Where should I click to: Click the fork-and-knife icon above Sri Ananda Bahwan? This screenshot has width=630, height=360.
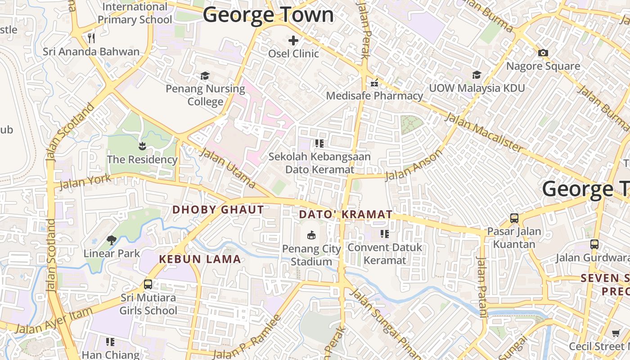(91, 38)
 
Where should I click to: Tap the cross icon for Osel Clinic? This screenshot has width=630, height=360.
(293, 40)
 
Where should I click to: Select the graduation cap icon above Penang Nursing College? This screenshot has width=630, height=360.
(205, 76)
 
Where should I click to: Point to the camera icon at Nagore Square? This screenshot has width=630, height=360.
(543, 53)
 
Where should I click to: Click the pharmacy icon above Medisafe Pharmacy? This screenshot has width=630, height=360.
(374, 83)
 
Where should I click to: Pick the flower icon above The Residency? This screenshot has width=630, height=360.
(142, 146)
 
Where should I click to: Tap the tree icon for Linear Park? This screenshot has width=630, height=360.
(112, 240)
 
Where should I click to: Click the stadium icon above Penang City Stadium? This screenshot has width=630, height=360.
(311, 234)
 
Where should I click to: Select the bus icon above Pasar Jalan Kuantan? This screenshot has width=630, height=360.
(514, 218)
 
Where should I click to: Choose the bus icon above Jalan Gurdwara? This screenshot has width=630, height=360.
(594, 244)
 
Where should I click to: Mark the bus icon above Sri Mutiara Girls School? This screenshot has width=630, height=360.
(148, 284)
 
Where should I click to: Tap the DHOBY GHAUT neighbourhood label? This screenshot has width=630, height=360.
(218, 210)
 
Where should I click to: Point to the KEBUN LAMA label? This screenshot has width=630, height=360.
(200, 259)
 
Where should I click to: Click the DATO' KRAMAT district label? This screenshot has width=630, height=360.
(346, 215)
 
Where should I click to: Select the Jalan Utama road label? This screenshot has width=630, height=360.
(227, 166)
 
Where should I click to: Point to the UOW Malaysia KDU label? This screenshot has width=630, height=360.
(477, 88)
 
